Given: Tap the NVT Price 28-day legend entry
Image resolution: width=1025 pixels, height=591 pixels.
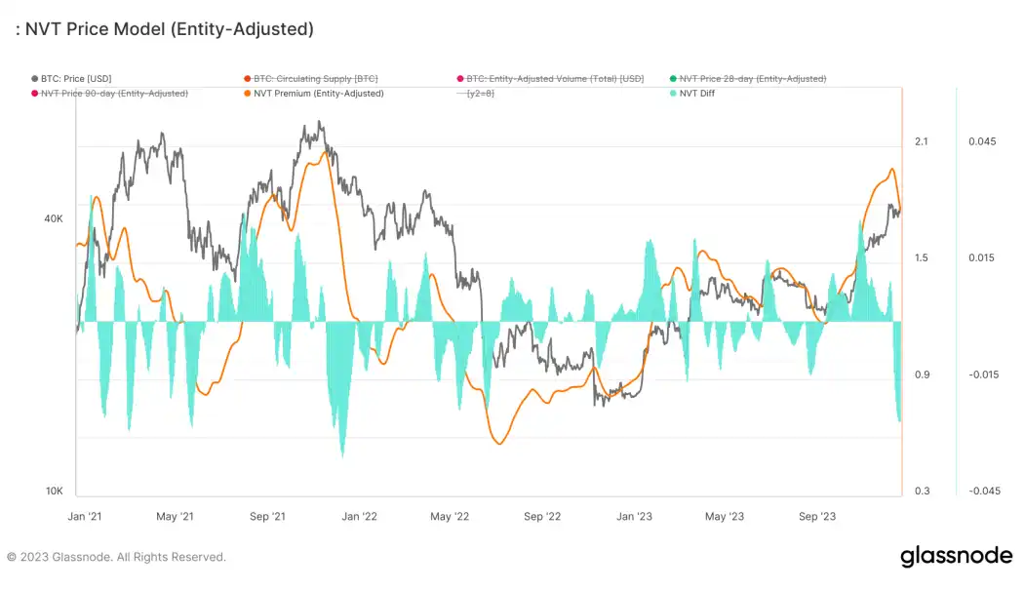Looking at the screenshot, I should [x=752, y=78].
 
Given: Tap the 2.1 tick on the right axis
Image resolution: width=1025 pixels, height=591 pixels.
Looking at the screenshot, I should [x=921, y=142].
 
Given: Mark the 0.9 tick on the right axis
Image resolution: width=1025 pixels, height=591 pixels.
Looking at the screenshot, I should [x=921, y=375].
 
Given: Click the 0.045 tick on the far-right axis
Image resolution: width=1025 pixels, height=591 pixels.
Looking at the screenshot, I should [x=982, y=142].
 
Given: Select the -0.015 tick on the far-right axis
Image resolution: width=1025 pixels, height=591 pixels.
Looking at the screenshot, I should [x=982, y=375].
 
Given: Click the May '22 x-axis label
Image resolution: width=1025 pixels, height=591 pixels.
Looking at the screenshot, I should [x=450, y=517].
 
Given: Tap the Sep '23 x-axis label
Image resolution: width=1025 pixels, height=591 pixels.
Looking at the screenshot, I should [x=817, y=517].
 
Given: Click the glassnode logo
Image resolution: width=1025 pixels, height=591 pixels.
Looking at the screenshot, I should [x=956, y=557].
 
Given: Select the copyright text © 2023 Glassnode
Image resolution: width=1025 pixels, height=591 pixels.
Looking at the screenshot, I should [x=116, y=558].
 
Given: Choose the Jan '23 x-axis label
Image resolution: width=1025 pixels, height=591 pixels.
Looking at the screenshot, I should [x=635, y=517].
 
